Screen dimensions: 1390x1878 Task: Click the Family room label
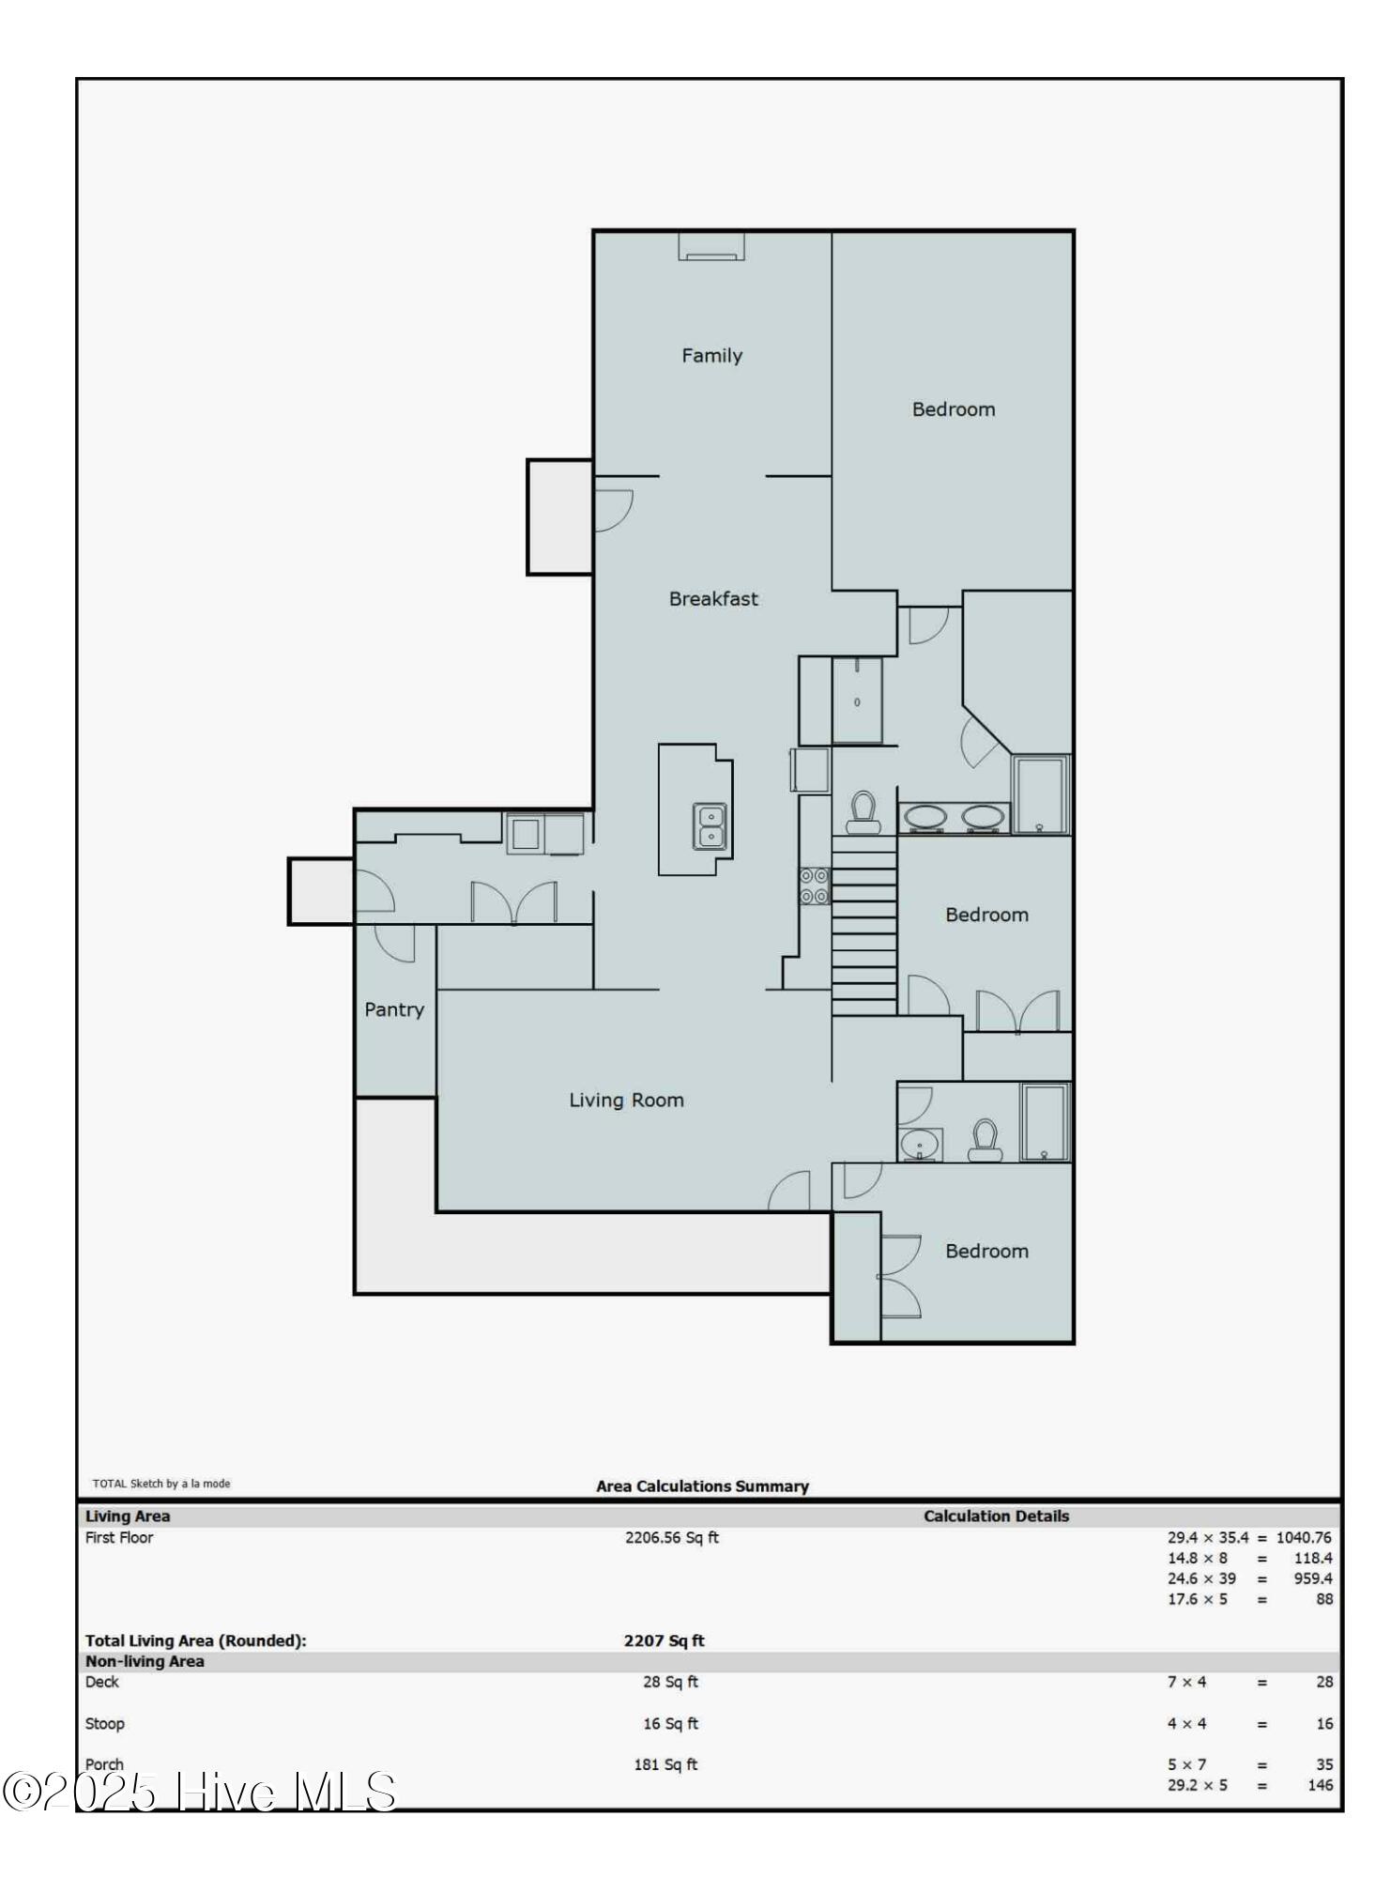(x=711, y=356)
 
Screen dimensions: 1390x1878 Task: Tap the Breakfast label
(x=713, y=599)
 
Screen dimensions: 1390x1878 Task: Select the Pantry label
(x=394, y=1010)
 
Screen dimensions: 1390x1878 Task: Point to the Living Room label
(x=626, y=1101)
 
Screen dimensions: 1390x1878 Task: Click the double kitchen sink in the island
(x=710, y=826)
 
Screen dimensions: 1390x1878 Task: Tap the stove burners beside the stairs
(x=814, y=885)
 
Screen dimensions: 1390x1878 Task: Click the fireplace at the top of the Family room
(x=711, y=246)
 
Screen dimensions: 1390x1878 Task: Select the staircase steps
(x=864, y=926)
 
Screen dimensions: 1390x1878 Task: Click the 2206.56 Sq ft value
(x=672, y=1537)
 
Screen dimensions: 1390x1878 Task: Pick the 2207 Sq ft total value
(x=664, y=1640)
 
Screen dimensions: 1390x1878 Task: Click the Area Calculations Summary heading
(x=702, y=1485)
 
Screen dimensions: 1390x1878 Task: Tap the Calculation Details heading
(x=996, y=1516)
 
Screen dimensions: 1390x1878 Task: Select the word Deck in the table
(x=102, y=1682)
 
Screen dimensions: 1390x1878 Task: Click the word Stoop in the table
(x=105, y=1723)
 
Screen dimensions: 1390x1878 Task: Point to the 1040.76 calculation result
(x=1304, y=1537)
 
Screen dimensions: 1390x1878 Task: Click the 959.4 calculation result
(x=1313, y=1578)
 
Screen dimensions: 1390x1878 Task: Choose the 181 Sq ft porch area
(x=665, y=1764)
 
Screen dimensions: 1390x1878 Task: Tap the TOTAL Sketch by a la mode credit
(x=161, y=1484)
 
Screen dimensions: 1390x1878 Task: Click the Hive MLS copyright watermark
(x=199, y=1791)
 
